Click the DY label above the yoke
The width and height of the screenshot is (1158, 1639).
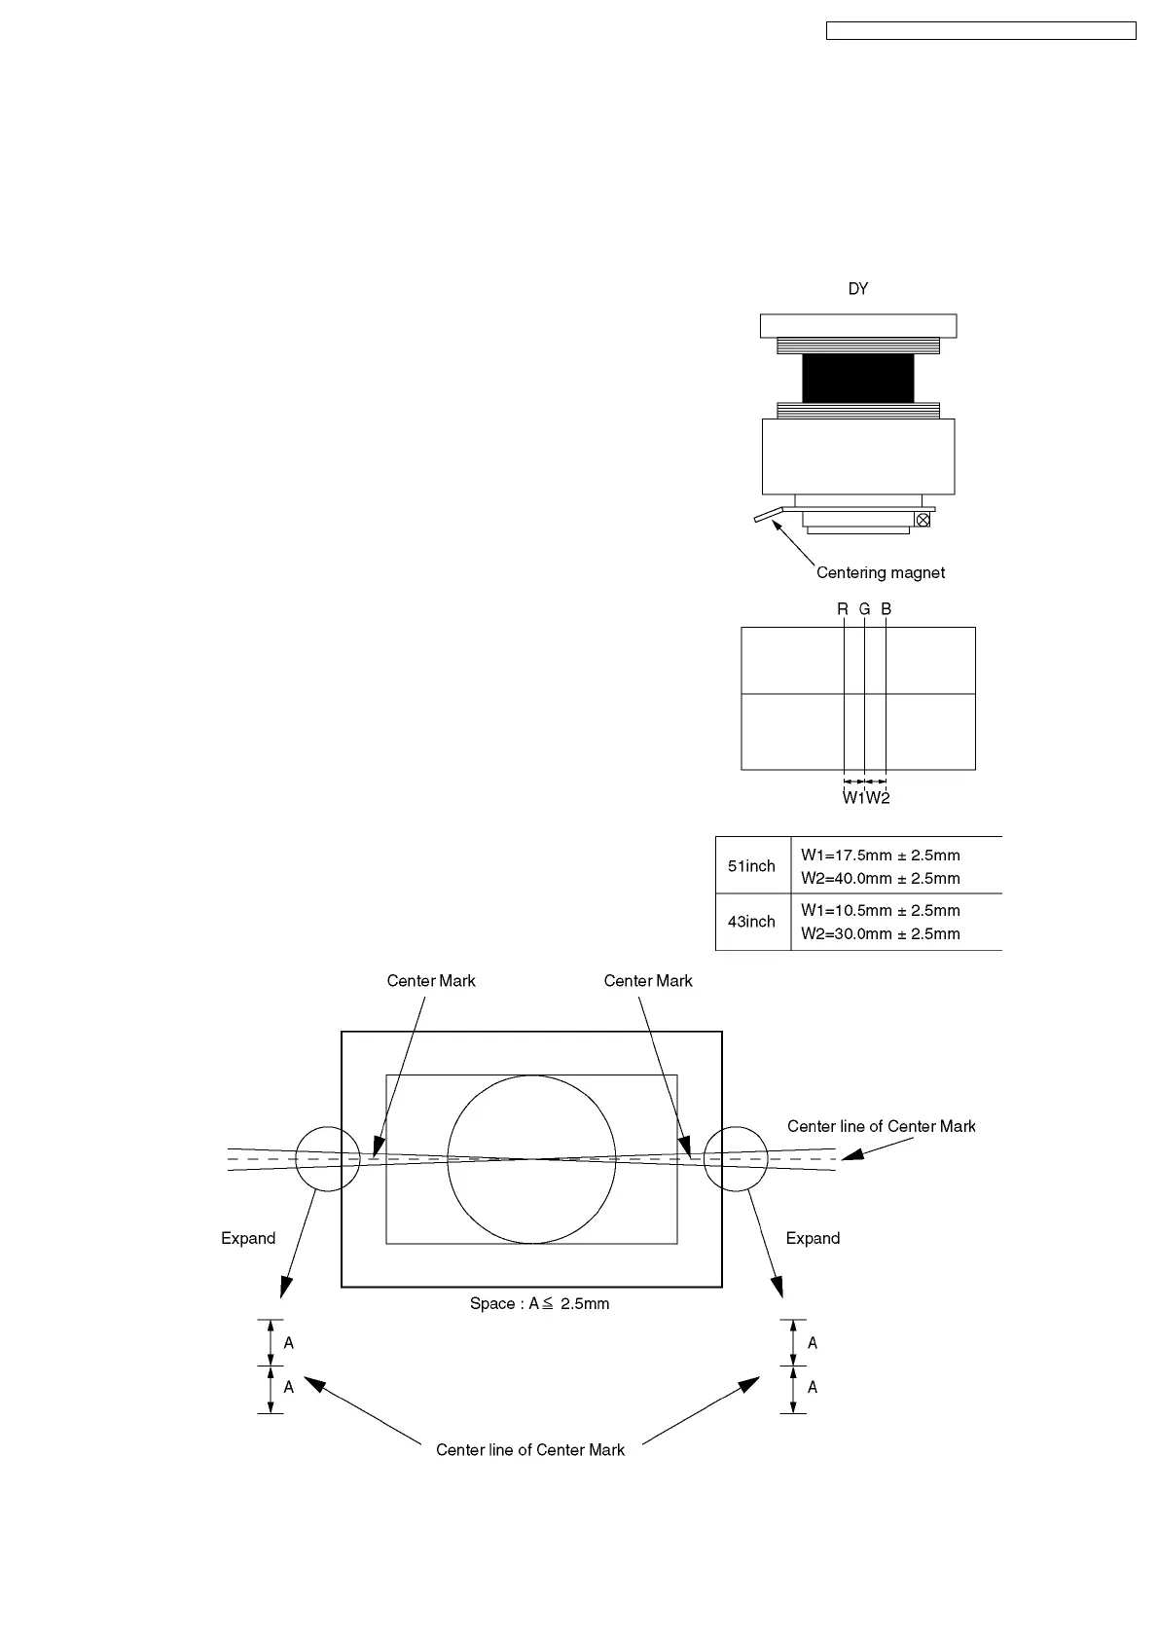pos(857,289)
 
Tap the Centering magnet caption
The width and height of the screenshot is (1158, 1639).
pos(880,573)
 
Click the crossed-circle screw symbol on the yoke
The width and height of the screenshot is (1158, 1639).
pos(923,520)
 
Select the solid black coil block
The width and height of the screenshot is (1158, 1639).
pos(857,378)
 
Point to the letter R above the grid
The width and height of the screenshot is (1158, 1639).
pos(843,609)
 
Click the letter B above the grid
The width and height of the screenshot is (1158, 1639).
pos(886,609)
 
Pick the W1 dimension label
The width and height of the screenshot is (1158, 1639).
pos(853,798)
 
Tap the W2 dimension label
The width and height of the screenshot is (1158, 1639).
pos(878,798)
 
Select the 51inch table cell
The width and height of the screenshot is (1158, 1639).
pos(752,866)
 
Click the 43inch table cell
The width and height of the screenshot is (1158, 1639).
pos(752,922)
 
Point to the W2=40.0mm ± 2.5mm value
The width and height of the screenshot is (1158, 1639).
pos(880,879)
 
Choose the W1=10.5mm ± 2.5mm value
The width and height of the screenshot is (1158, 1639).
pos(880,911)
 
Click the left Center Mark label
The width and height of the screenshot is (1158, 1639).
pos(431,981)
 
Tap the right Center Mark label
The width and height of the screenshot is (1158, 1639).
pos(648,981)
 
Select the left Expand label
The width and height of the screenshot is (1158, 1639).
pos(248,1239)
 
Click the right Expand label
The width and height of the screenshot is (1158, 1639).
pos(813,1239)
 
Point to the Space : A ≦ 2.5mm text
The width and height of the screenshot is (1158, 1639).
pos(539,1304)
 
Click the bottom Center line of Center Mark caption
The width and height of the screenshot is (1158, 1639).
pos(530,1450)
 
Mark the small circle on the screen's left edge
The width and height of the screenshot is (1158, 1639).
pos(329,1159)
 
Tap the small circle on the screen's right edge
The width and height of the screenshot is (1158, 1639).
pos(736,1159)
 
